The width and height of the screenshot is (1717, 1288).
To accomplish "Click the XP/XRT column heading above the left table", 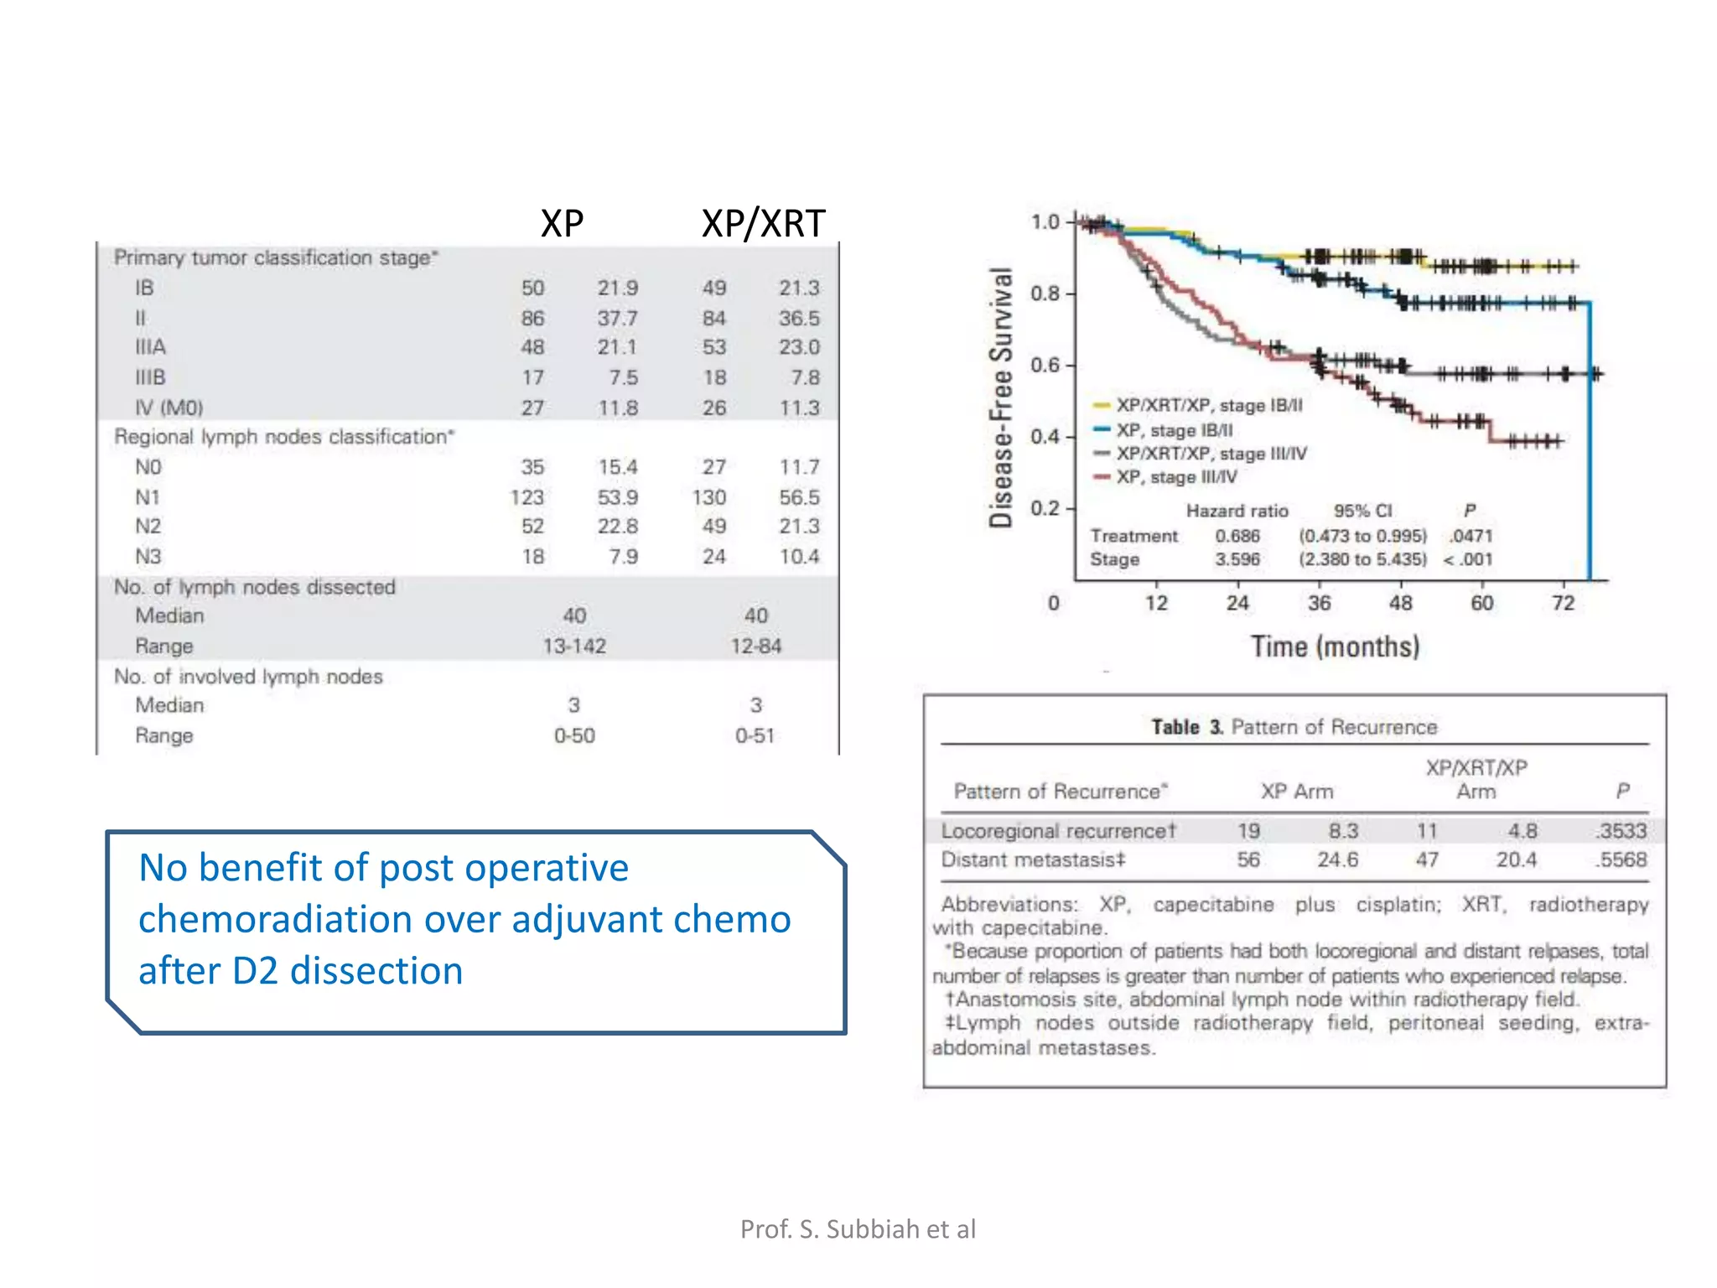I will [763, 224].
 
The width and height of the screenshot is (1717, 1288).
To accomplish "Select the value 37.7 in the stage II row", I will [617, 319].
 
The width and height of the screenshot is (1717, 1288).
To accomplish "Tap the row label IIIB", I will [151, 377].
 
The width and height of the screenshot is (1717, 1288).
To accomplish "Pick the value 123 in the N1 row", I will [527, 497].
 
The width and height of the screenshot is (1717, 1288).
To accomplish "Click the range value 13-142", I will [574, 646].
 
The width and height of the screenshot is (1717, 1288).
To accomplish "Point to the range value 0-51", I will [755, 735].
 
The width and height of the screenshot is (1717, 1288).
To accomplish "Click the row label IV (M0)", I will [169, 408].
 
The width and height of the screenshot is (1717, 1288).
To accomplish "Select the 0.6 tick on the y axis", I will [1045, 365].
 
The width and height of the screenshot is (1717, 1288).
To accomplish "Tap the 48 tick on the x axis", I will [1400, 603].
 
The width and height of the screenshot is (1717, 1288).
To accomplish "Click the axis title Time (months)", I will [1335, 647].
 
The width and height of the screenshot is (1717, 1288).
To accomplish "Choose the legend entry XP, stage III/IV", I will [1175, 477].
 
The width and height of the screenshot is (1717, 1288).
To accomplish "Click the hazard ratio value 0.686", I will [1237, 536].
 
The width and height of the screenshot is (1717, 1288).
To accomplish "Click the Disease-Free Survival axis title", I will [1001, 397].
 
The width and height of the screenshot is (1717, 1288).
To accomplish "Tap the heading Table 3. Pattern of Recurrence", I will [1294, 727].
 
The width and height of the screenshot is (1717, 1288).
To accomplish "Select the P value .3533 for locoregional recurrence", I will [1621, 831].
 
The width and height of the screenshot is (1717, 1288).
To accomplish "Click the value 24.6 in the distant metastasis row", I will [1337, 860].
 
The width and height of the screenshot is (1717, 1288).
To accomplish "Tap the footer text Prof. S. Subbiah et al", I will [858, 1228].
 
